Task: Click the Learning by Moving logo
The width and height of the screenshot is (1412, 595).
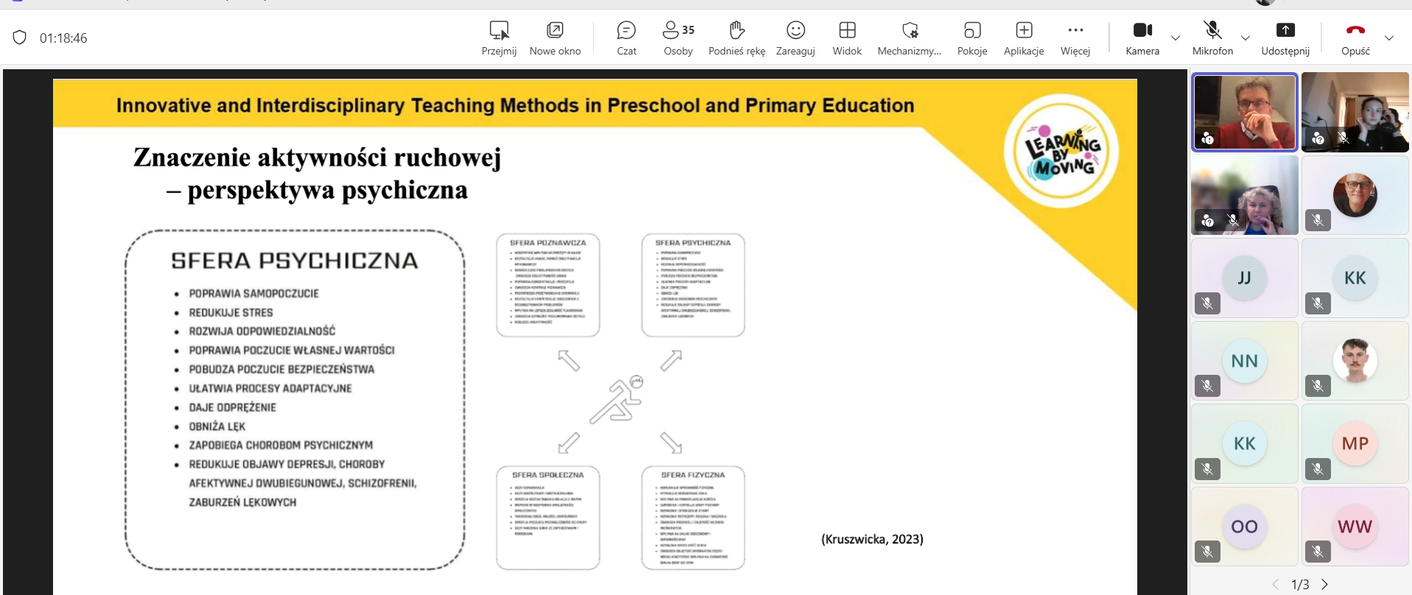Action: [x=1061, y=151]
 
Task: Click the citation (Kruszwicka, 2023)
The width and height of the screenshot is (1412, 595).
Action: [x=872, y=539]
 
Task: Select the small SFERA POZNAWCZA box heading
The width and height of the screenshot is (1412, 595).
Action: [x=548, y=242]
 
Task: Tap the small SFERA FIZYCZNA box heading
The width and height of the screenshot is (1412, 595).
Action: [x=693, y=475]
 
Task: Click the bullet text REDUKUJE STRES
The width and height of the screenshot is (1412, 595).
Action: [x=231, y=312]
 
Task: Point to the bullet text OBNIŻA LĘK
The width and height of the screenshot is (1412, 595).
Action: [x=217, y=426]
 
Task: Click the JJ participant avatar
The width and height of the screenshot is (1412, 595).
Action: [x=1244, y=278]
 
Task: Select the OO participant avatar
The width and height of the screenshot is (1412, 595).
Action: [x=1244, y=527]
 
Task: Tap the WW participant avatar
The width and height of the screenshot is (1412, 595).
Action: [x=1355, y=527]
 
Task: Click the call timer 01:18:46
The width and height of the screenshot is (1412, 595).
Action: [x=63, y=38]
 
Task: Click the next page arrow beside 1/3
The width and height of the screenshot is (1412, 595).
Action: [x=1324, y=584]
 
